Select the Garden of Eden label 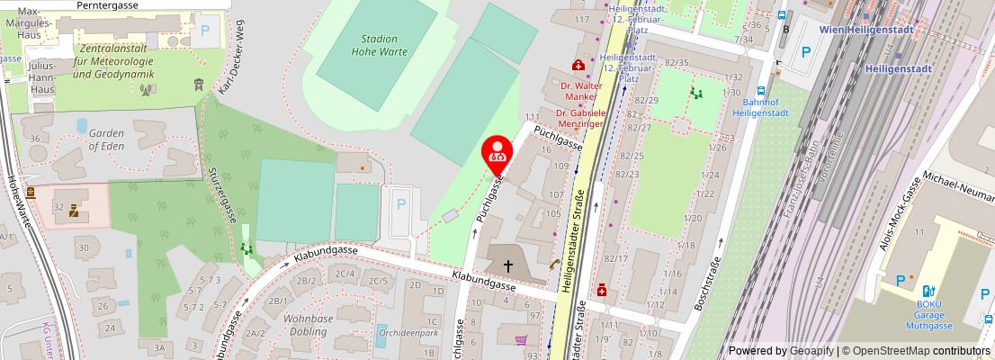pyautogui.click(x=106, y=139)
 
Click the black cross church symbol pyautogui.click(x=508, y=265)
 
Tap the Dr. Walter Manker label pyautogui.click(x=580, y=91)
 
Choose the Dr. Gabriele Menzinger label pyautogui.click(x=580, y=120)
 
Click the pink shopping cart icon pyautogui.click(x=520, y=340)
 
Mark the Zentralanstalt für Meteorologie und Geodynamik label pyautogui.click(x=113, y=60)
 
